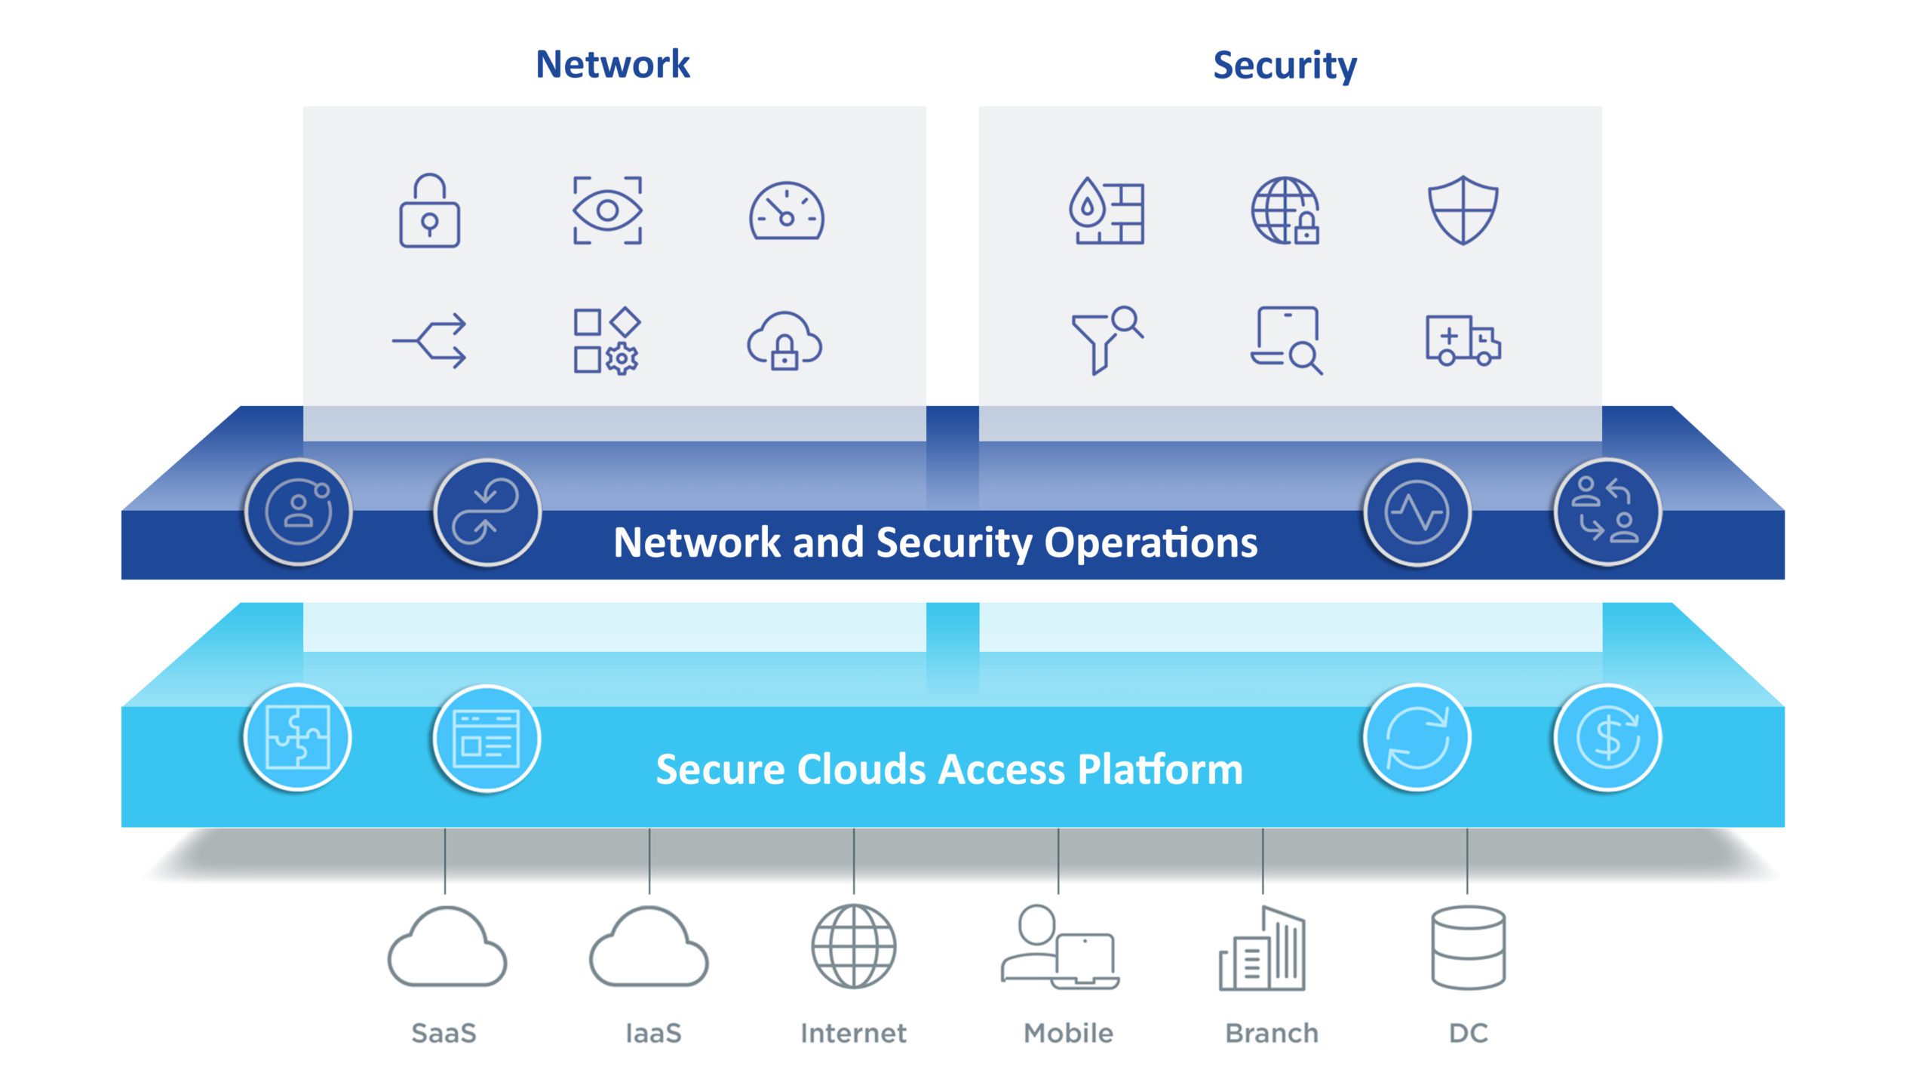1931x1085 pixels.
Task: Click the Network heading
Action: pos(612,64)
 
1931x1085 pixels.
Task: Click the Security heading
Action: pos(1285,66)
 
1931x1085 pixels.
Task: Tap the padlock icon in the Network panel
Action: pos(429,211)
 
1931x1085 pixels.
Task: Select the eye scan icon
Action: pos(607,211)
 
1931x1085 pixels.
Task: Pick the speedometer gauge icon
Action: pos(786,211)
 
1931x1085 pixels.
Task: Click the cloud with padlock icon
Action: pos(784,341)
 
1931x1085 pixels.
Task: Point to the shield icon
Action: pos(1463,211)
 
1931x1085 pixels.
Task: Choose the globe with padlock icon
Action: pos(1285,211)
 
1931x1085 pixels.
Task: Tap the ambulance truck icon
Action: pos(1463,340)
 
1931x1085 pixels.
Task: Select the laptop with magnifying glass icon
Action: pos(1285,340)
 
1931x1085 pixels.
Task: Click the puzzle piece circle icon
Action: pos(298,737)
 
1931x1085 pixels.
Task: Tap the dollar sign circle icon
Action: pos(1607,737)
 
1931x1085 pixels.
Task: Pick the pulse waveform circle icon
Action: pos(1417,512)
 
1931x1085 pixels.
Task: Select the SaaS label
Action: pos(444,1033)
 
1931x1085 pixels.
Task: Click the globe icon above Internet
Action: pos(854,946)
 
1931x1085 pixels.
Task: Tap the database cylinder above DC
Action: pos(1468,948)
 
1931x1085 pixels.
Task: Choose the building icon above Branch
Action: pos(1262,948)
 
